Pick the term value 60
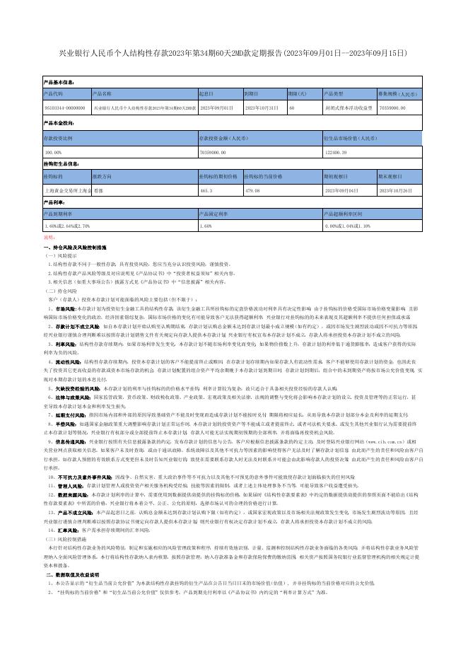click(292, 108)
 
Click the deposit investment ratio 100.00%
click(53, 152)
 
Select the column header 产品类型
click(334, 93)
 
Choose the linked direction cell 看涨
click(98, 190)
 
